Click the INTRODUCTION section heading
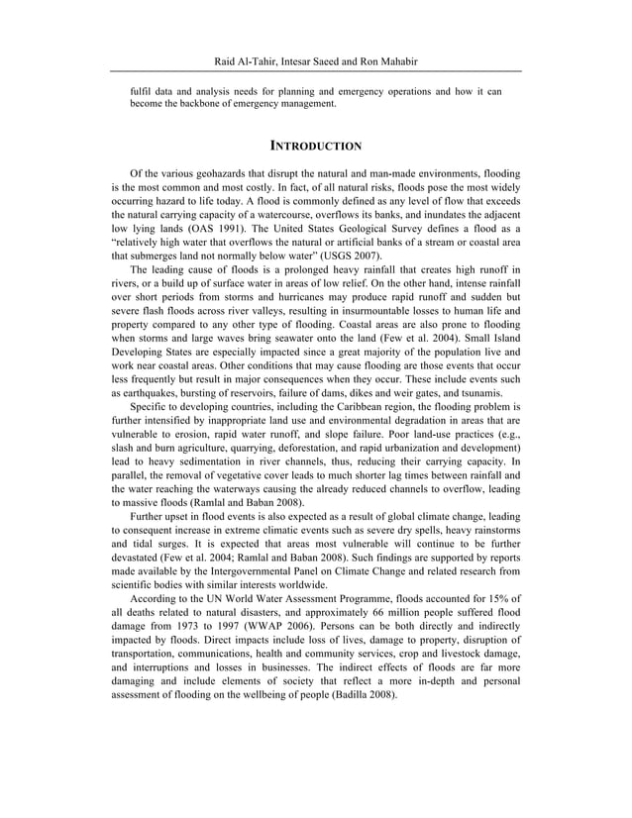(x=316, y=147)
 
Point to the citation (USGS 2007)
(x=348, y=254)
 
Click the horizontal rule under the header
(x=316, y=74)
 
